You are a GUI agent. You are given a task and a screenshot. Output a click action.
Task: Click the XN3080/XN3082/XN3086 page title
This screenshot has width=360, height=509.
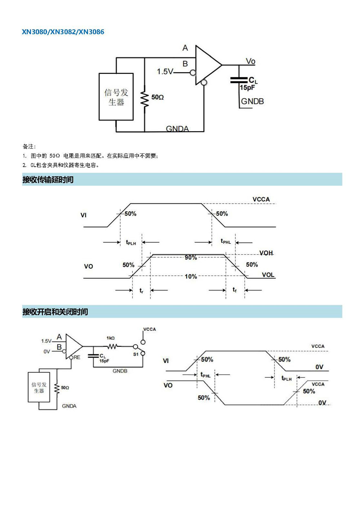pos(63,32)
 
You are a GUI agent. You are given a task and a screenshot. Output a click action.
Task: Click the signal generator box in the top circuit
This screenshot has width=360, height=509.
pos(116,97)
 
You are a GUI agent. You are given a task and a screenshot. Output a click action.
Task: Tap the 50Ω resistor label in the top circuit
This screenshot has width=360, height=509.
pos(158,97)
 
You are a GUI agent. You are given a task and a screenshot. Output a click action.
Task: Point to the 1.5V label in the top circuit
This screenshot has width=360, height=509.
pos(165,72)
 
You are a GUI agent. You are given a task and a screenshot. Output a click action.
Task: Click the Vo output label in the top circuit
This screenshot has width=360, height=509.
pos(251,61)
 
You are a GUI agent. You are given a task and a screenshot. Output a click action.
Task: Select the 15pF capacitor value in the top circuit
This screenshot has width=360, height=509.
pos(247,88)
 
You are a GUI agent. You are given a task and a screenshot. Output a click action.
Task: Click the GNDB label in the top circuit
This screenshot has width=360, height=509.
pos(252,101)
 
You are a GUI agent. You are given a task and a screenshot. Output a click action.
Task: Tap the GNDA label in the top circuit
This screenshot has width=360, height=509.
pos(177,129)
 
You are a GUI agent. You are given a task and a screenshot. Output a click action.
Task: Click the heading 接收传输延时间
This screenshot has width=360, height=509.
pos(48,179)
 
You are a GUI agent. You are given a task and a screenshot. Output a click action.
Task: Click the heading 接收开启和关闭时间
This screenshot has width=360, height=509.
pos(55,312)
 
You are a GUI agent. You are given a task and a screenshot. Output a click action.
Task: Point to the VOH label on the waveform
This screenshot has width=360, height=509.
pos(266,253)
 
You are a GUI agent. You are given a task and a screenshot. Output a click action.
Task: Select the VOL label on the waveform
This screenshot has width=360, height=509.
pos(268,274)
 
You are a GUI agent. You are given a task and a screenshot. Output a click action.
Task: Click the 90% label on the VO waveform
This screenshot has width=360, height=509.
pos(191,258)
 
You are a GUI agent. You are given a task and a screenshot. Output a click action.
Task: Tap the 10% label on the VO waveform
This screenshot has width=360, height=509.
pos(191,277)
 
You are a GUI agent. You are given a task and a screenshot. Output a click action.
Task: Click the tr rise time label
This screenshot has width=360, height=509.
pos(141,290)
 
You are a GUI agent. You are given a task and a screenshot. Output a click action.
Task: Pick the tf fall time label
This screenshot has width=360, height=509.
pos(234,290)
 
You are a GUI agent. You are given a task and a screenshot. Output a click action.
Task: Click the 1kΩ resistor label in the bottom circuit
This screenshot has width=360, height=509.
pos(111,338)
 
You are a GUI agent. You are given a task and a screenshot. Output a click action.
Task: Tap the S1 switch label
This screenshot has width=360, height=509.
pos(136,354)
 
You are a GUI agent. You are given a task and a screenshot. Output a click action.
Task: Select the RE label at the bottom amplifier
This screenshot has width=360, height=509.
pos(77,357)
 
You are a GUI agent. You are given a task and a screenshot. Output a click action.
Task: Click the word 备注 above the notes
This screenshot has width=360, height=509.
pos(28,146)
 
